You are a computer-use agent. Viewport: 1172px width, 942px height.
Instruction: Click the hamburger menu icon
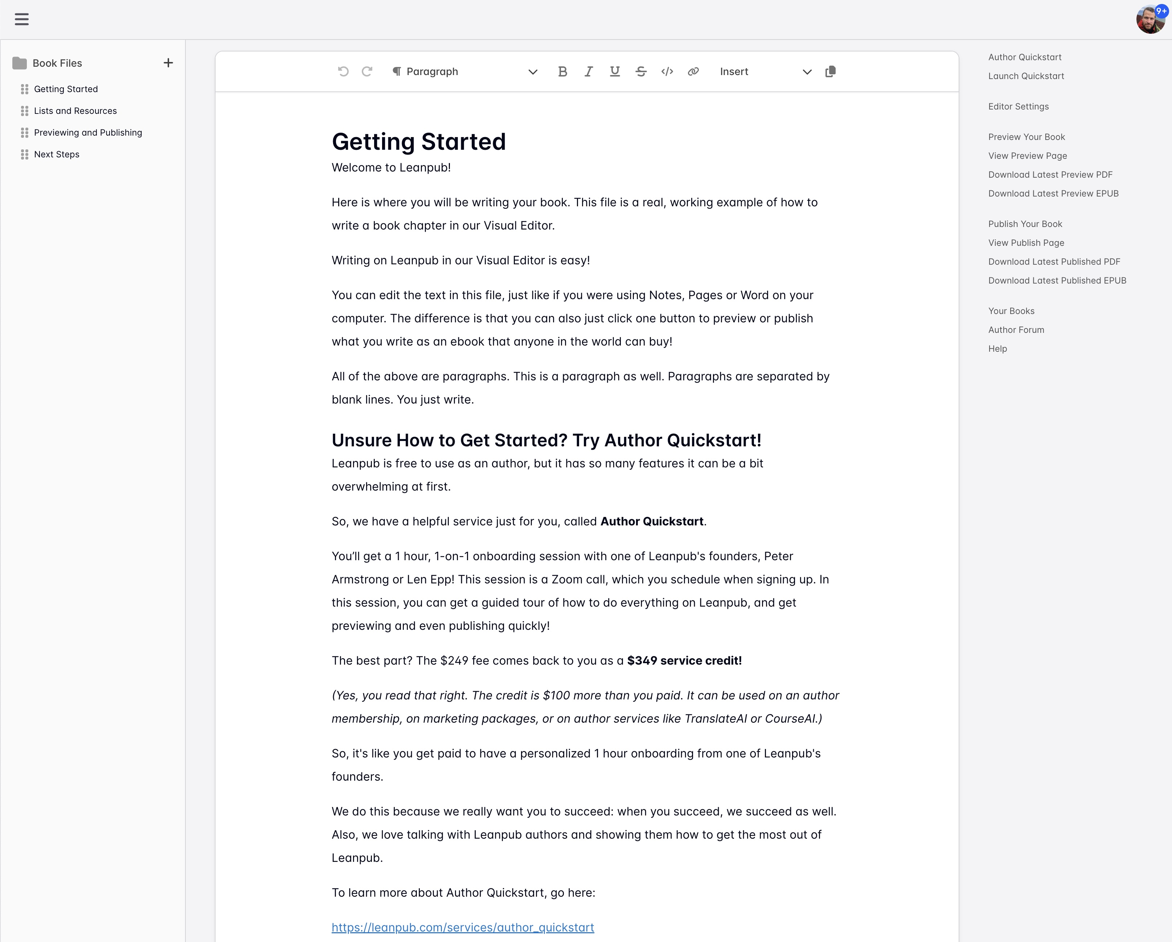pyautogui.click(x=22, y=20)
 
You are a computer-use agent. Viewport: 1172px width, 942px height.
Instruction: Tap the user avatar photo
pyautogui.click(x=1149, y=20)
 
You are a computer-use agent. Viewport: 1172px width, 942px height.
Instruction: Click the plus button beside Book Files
pyautogui.click(x=168, y=63)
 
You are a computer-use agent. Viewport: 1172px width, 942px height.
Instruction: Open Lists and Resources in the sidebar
pyautogui.click(x=75, y=111)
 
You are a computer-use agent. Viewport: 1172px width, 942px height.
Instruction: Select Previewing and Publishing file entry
pyautogui.click(x=87, y=133)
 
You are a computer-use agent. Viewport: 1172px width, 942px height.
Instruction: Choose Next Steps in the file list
pyautogui.click(x=57, y=154)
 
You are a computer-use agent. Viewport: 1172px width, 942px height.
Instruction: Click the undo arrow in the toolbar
pyautogui.click(x=343, y=72)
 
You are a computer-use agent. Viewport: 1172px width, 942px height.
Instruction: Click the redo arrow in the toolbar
pyautogui.click(x=367, y=72)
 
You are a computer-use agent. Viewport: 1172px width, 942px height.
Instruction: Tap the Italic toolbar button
pyautogui.click(x=588, y=72)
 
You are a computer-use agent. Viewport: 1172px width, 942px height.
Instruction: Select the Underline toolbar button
pyautogui.click(x=615, y=72)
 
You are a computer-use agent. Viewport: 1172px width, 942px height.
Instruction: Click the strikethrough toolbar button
pyautogui.click(x=641, y=72)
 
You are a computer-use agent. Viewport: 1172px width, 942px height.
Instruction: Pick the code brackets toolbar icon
pyautogui.click(x=667, y=72)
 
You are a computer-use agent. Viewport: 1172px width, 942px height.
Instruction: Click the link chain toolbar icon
pyautogui.click(x=693, y=72)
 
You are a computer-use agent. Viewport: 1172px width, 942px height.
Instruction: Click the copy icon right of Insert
pyautogui.click(x=830, y=72)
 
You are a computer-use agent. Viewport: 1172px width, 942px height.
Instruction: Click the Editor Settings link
pyautogui.click(x=1018, y=107)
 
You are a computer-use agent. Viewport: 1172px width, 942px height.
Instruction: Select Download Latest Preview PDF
pyautogui.click(x=1050, y=174)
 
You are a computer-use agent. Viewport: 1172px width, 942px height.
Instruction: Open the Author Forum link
pyautogui.click(x=1016, y=330)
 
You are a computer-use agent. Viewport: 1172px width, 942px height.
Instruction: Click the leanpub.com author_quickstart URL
pyautogui.click(x=463, y=927)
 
